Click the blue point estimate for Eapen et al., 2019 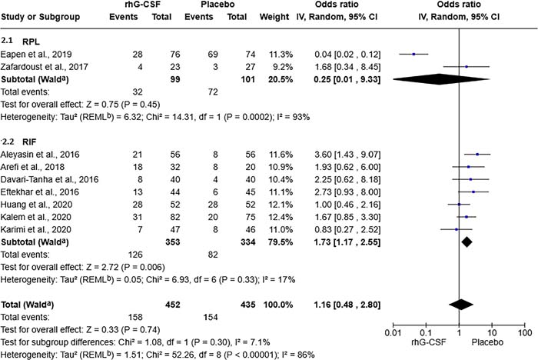pos(413,54)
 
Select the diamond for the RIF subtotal pos(467,242)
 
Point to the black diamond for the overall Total pos(461,305)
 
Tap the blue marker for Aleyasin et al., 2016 pos(477,155)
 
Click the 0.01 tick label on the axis pos(393,332)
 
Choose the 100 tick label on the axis pos(525,332)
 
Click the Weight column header pos(274,17)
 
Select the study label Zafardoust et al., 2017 pos(45,67)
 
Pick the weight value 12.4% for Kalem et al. pos(281,217)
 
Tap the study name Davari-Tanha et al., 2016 pos(49,179)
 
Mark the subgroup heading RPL pos(31,42)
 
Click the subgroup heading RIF pos(29,142)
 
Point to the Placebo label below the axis pos(487,342)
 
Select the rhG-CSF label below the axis pos(429,342)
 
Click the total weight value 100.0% pos(278,305)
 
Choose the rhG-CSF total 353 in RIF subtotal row pos(173,242)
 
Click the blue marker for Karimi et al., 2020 pos(457,229)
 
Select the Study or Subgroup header pos(41,17)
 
